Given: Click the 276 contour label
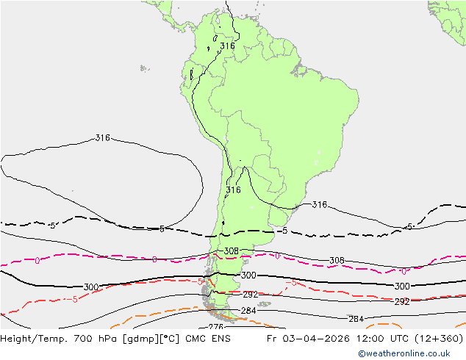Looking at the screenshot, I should [x=215, y=327].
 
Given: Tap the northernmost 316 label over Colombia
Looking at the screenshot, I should [x=227, y=46].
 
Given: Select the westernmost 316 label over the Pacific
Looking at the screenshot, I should [x=103, y=138].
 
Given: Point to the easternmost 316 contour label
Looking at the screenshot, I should [x=319, y=205].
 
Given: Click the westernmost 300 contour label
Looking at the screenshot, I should [x=91, y=287].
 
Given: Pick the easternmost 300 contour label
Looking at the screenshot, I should [x=402, y=287].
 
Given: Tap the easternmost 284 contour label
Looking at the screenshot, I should [x=356, y=319].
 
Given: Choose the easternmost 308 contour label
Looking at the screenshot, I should [x=337, y=261].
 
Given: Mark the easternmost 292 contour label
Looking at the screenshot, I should [x=402, y=302].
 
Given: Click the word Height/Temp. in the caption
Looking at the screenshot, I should [x=30, y=339].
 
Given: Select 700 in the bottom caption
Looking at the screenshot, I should [x=76, y=339].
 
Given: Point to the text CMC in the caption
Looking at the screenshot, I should [x=194, y=339].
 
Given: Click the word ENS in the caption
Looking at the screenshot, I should [x=221, y=339].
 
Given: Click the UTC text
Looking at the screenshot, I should [x=395, y=339].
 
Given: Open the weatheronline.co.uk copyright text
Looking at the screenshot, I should [x=409, y=353].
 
